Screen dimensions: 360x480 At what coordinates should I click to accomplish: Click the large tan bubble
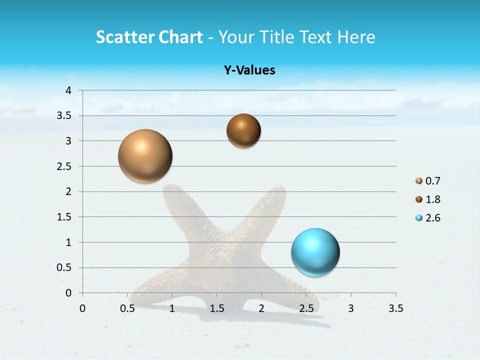145,156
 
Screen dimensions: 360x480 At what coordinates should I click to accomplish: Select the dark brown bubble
243,130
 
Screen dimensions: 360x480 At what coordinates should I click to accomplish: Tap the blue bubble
315,252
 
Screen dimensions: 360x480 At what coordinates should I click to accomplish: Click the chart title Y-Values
249,70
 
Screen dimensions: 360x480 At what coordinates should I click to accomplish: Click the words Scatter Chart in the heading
149,37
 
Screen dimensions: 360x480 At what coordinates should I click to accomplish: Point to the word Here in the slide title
356,37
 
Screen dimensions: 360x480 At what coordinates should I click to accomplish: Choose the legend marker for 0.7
419,180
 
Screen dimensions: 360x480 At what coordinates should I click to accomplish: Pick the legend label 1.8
432,199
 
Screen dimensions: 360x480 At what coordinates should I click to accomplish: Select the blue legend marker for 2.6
419,218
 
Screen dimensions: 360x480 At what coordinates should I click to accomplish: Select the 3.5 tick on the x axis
395,308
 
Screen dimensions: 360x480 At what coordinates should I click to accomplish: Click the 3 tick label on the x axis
350,308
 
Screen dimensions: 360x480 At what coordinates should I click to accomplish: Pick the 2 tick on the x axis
261,308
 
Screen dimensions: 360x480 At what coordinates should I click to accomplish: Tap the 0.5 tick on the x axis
127,308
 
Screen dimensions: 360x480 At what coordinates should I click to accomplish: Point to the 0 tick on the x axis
83,308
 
